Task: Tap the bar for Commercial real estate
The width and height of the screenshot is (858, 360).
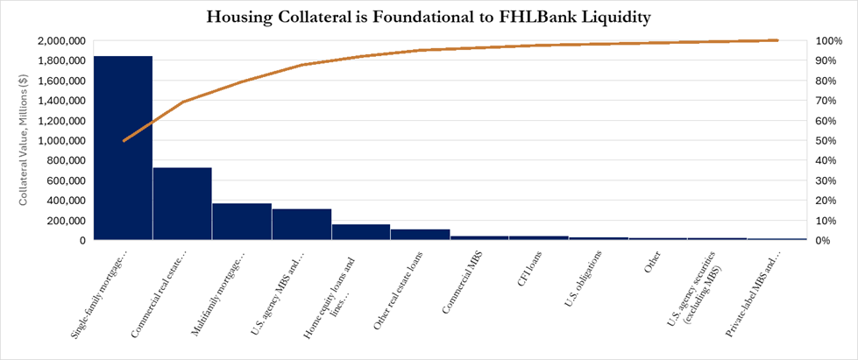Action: [182, 203]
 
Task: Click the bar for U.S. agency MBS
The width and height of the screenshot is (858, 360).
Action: [301, 224]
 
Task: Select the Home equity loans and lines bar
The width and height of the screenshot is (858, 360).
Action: [361, 232]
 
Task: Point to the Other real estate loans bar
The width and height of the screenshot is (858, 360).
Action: [421, 235]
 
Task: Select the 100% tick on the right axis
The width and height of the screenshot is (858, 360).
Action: [829, 41]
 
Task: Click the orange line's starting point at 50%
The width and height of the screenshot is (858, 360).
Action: [124, 140]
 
